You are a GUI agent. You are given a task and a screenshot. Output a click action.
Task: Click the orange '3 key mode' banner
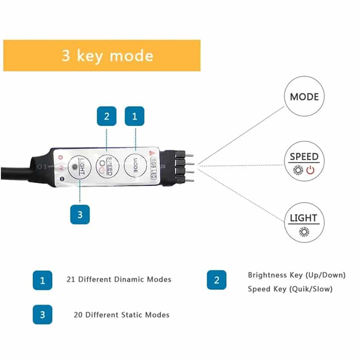tap(102, 55)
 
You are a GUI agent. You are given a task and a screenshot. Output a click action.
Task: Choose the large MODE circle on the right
tap(304, 97)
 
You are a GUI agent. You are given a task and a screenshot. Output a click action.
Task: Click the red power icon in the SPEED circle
tap(310, 170)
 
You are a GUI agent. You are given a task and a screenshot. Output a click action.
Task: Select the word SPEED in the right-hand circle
tap(304, 157)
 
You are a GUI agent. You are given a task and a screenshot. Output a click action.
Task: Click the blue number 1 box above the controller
tap(134, 116)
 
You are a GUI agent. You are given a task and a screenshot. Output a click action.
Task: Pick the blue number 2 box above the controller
tap(107, 116)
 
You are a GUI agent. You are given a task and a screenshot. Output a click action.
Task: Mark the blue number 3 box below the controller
tap(80, 214)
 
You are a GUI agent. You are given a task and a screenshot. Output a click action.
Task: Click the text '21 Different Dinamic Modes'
tap(118, 279)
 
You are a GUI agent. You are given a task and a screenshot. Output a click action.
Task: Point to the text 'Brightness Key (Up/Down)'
tap(297, 275)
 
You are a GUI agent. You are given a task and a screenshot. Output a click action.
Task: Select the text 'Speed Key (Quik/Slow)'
tap(290, 289)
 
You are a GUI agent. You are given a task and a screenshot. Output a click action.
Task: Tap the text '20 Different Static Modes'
tap(121, 315)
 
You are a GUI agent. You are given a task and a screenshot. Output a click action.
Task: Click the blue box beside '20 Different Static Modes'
tap(42, 315)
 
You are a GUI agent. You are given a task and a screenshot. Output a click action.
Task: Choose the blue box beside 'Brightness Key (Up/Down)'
tap(216, 280)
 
